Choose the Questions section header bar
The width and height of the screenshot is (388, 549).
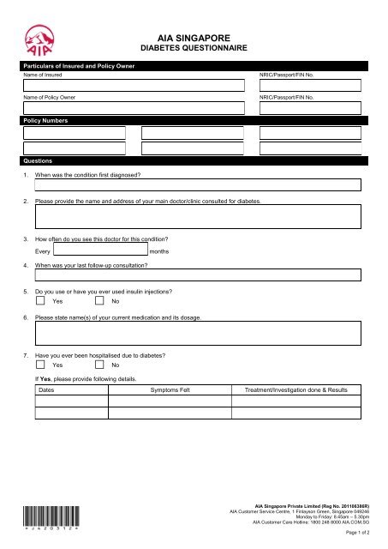tap(39, 160)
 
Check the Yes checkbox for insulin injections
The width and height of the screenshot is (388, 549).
tap(40, 301)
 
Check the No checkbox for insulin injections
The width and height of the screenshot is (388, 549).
tap(99, 301)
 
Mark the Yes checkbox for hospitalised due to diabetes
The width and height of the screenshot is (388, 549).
tap(40, 365)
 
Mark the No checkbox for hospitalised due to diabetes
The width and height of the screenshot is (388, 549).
tap(99, 365)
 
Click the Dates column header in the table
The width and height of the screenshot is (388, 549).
tap(50, 389)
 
